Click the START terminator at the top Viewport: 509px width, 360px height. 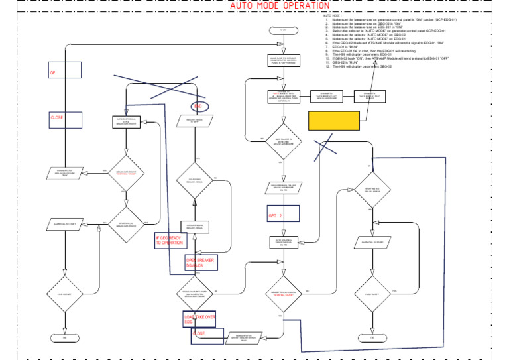(283, 30)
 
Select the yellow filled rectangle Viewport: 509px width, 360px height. (334, 120)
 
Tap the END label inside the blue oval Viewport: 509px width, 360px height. (198, 107)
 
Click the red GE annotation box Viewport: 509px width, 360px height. (65, 72)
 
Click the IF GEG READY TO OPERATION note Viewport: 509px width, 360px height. (170, 241)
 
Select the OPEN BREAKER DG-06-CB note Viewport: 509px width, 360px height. (200, 263)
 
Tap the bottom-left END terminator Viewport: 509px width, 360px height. (65, 338)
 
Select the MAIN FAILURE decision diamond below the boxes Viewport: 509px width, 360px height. (283, 141)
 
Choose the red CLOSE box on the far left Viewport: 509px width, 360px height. (65, 119)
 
